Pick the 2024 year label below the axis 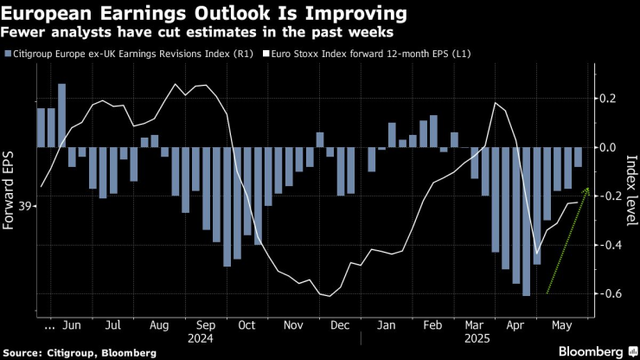point(205,340)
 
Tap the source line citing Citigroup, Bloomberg point(79,352)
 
